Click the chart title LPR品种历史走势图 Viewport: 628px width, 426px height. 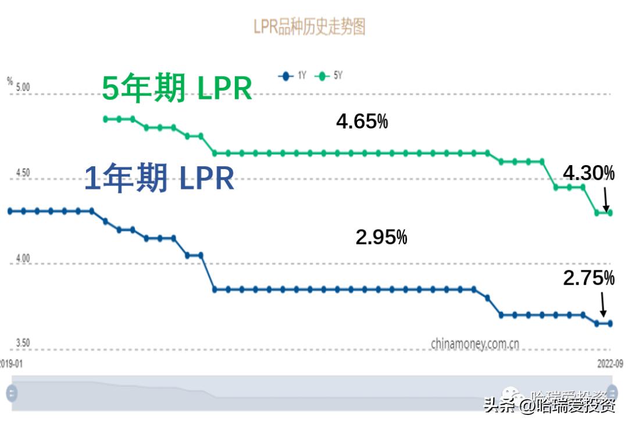point(309,27)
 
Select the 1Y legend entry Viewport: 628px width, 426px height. point(294,76)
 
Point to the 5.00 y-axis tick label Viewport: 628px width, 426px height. point(23,88)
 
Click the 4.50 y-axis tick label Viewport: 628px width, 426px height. point(23,173)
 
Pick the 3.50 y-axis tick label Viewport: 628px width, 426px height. point(23,343)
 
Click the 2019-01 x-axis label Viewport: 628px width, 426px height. point(10,363)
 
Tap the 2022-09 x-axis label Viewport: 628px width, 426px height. point(611,363)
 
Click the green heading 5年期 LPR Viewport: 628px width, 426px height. point(177,89)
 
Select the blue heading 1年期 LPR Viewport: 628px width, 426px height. point(159,178)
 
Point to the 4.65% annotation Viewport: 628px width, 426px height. point(362,122)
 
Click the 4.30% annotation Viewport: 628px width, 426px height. point(588,173)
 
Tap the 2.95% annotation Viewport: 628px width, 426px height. point(381,237)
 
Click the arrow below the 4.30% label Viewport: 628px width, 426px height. point(606,199)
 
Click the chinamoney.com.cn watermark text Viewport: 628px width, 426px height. point(475,343)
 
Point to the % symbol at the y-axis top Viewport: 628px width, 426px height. point(10,81)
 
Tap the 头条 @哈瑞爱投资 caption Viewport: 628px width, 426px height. point(549,405)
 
